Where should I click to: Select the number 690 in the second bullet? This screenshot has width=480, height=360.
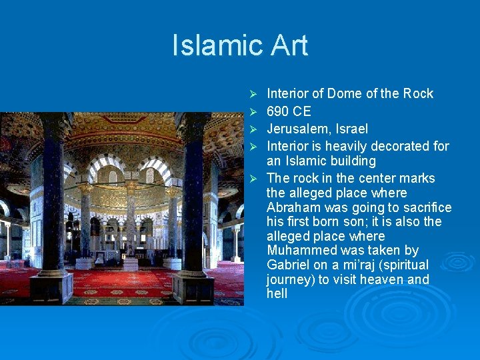[x=278, y=111]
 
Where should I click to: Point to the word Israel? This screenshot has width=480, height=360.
[x=351, y=129]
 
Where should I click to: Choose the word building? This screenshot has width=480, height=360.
[x=352, y=161]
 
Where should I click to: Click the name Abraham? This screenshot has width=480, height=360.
[x=293, y=207]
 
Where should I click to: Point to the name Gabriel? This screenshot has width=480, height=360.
[x=288, y=265]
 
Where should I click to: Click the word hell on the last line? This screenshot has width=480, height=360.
[x=277, y=294]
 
